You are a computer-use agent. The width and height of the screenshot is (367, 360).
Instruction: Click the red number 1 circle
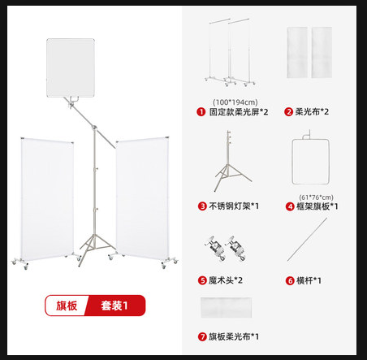point(200,111)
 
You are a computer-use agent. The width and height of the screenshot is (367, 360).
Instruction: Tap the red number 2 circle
point(288,111)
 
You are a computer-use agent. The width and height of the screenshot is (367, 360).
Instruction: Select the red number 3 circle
point(202,206)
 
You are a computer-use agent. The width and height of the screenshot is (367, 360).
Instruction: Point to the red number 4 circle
point(290,206)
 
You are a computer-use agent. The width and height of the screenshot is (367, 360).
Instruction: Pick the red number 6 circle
point(290,280)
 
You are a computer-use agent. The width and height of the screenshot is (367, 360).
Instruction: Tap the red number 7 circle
point(201,336)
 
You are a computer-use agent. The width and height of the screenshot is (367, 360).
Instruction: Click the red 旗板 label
point(67,306)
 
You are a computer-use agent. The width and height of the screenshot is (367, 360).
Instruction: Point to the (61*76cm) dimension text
point(318,196)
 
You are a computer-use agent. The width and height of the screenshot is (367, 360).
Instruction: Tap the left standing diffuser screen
point(45,198)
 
